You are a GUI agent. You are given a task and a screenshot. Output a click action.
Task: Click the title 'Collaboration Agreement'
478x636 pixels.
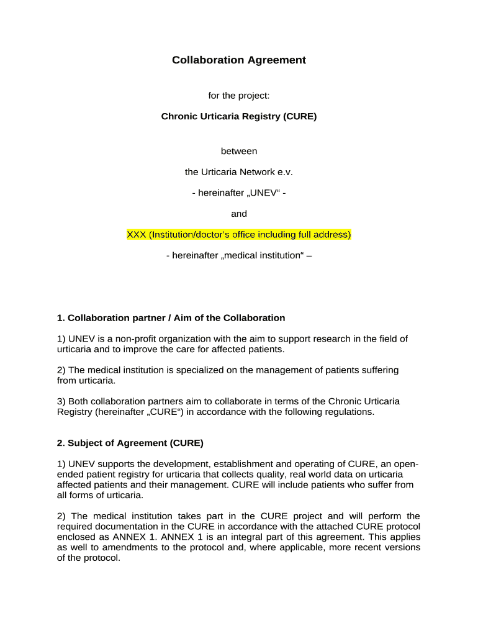pyautogui.click(x=239, y=60)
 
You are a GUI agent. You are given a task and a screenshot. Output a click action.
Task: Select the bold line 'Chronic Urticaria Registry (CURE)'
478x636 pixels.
pyautogui.click(x=239, y=116)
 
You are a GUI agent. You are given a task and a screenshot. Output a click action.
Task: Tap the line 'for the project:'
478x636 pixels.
pyautogui.click(x=239, y=96)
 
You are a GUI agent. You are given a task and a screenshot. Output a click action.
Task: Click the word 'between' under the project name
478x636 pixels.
pyautogui.click(x=239, y=151)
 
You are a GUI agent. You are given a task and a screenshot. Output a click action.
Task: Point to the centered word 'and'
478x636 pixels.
pyautogui.click(x=239, y=214)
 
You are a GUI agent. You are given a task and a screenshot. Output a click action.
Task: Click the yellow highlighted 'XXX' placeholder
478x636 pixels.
pyautogui.click(x=136, y=235)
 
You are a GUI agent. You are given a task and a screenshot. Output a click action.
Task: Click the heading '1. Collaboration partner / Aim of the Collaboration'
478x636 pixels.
pyautogui.click(x=171, y=318)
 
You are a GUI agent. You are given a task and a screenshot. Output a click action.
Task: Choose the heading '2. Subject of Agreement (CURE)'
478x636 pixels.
pyautogui.click(x=130, y=443)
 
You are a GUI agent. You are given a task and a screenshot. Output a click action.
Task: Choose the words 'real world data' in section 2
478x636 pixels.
pyautogui.click(x=315, y=475)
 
